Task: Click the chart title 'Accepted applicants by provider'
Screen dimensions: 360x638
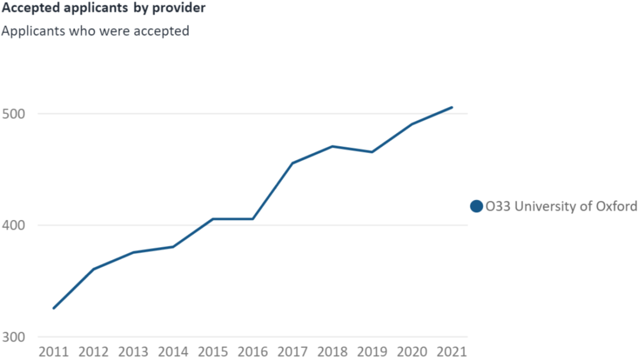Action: pyautogui.click(x=103, y=9)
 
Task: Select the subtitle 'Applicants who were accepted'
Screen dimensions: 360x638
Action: pyautogui.click(x=95, y=31)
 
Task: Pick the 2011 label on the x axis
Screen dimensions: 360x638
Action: pyautogui.click(x=53, y=352)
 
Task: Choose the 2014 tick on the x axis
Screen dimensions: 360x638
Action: pyautogui.click(x=173, y=352)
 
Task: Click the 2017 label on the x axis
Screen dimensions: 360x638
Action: pyautogui.click(x=293, y=352)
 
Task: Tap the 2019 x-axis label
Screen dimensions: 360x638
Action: pyautogui.click(x=373, y=352)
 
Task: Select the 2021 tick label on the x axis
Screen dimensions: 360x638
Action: pyautogui.click(x=452, y=352)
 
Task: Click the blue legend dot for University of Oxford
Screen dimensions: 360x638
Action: pyautogui.click(x=476, y=206)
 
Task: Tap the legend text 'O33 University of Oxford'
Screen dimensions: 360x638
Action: pyautogui.click(x=561, y=206)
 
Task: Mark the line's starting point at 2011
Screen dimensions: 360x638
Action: pyautogui.click(x=54, y=308)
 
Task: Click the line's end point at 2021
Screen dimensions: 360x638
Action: pyautogui.click(x=452, y=107)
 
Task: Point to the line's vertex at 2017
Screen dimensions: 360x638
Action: pyautogui.click(x=293, y=163)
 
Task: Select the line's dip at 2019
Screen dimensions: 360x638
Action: pyautogui.click(x=373, y=152)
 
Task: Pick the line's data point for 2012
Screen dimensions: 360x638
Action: pyautogui.click(x=93, y=269)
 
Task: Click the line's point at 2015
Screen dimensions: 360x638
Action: pyautogui.click(x=213, y=219)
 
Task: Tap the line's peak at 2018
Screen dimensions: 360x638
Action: pyautogui.click(x=333, y=146)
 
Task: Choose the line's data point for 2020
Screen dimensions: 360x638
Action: pyautogui.click(x=412, y=124)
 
